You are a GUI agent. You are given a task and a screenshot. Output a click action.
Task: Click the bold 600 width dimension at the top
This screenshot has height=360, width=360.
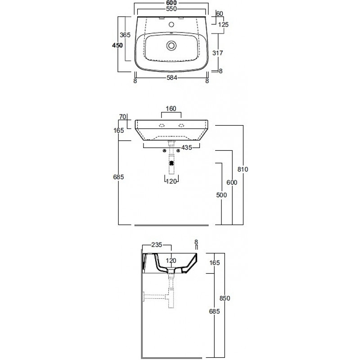pos(171,3)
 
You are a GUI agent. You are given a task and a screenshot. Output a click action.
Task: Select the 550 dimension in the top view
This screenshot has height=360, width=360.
pos(171,9)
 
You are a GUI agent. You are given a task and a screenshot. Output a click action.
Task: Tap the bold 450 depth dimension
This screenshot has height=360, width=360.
pos(117,45)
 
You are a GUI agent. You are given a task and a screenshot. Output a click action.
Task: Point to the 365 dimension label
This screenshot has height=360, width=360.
pos(125,35)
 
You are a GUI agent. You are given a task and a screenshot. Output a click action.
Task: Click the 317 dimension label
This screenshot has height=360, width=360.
pos(218,53)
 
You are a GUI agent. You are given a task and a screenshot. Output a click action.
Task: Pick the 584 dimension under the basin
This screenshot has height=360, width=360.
pos(172,78)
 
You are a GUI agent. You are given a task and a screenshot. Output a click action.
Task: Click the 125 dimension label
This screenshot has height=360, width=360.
pos(223,25)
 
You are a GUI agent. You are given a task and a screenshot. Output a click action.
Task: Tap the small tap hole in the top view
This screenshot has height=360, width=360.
pos(171,24)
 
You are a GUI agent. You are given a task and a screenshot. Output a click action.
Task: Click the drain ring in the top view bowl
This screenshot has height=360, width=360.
pos(171,45)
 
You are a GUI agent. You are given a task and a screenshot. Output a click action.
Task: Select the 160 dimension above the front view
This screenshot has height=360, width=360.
pos(171,108)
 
